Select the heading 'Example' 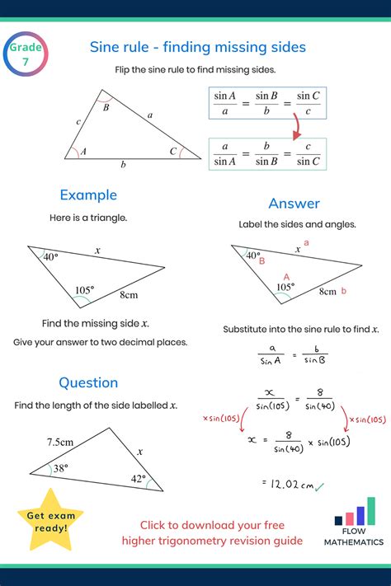tap(88, 195)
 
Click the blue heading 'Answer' tap(294, 203)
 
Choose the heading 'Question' tap(88, 382)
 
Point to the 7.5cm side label tap(60, 442)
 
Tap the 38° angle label tap(60, 468)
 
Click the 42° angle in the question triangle tap(138, 479)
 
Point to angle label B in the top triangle tap(106, 106)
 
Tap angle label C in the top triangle tap(173, 151)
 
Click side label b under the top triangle tap(124, 165)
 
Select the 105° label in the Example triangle tap(85, 289)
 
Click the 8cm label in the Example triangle tap(130, 294)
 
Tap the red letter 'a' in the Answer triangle tap(307, 243)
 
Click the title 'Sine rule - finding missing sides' tap(197, 47)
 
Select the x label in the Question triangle tap(140, 452)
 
